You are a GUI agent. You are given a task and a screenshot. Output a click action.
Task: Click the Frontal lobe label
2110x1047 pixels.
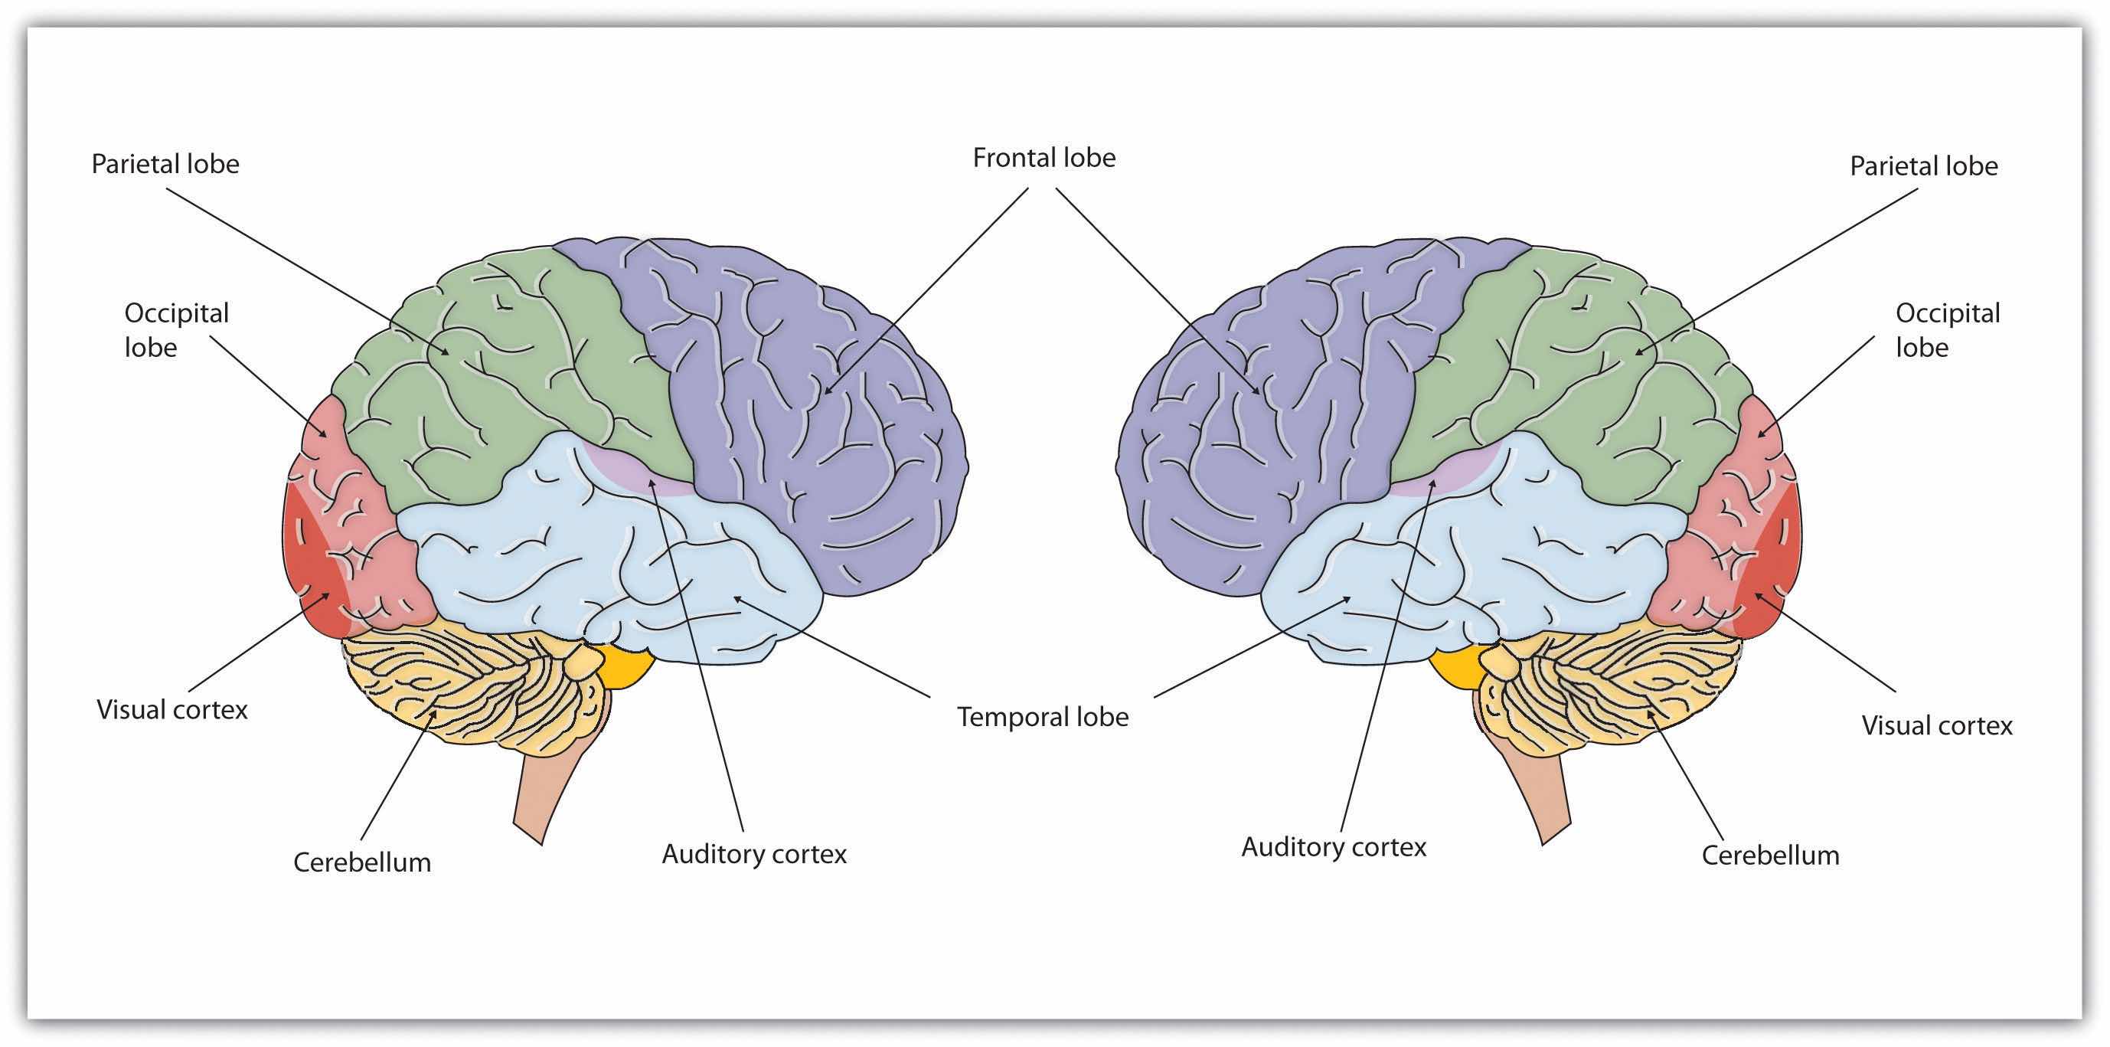1044,157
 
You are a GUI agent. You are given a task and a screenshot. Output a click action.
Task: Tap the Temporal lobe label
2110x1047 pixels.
1043,717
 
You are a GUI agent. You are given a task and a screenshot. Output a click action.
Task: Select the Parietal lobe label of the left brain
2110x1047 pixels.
165,164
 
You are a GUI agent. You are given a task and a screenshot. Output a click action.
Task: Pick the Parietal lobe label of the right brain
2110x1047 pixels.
1923,166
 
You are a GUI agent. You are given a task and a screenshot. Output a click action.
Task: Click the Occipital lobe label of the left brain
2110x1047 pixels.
176,329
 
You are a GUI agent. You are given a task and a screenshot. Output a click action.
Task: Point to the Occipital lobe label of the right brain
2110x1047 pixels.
1947,329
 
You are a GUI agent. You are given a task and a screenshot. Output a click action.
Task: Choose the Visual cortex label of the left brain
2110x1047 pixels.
172,709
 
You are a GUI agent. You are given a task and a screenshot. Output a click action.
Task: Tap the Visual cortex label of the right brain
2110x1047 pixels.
1936,725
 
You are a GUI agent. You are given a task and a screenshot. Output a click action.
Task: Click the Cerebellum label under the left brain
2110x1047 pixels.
362,862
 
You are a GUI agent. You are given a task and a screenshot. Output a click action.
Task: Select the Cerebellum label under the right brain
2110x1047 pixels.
1770,856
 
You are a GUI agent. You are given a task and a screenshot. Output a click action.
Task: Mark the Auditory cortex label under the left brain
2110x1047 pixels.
753,854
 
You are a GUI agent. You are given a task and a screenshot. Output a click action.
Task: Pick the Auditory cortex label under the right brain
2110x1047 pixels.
1334,846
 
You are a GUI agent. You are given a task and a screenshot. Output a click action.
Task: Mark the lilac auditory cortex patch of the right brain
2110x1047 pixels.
1442,475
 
